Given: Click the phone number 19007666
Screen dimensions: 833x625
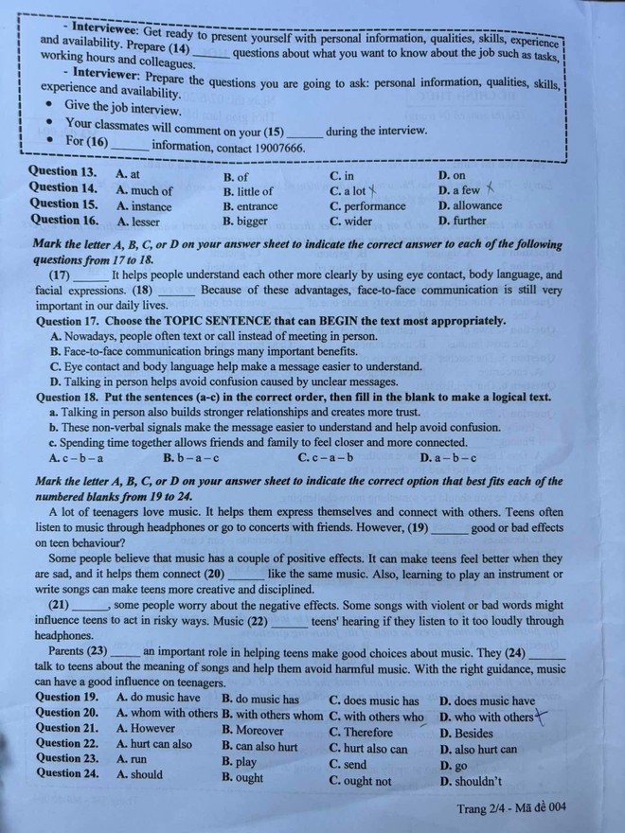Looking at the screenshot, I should [273, 148].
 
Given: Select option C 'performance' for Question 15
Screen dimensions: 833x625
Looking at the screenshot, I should [367, 205].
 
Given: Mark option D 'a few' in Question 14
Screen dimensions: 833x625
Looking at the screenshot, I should [459, 190].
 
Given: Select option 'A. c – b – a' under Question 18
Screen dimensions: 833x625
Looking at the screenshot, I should [76, 458].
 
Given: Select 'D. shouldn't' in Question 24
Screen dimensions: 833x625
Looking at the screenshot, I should [471, 781].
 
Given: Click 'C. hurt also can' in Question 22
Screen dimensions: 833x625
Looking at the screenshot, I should [368, 748].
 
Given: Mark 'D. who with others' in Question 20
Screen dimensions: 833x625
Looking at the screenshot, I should [486, 717].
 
